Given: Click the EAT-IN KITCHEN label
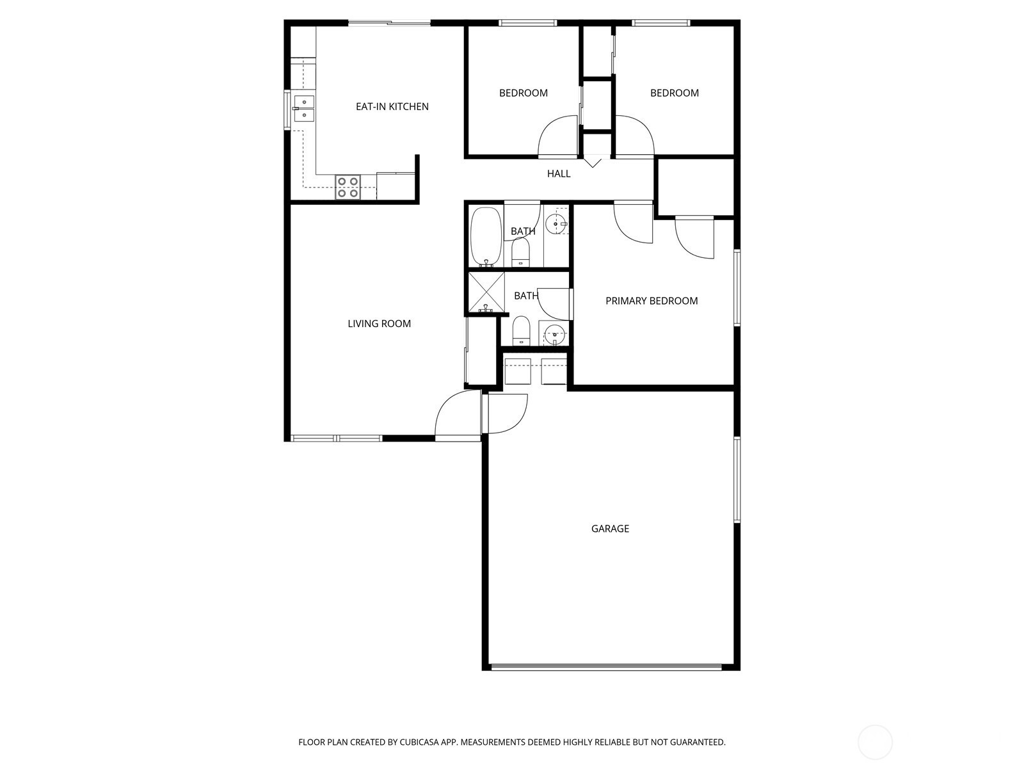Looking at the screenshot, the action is (392, 106).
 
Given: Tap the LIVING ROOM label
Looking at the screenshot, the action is (380, 324).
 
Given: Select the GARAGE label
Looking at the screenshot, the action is (610, 529).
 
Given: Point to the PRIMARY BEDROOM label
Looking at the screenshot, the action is (652, 301).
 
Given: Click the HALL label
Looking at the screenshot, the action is (559, 173).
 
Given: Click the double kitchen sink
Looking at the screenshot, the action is (304, 108).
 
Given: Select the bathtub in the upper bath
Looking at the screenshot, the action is (486, 237).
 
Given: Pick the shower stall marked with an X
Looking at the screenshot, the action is (486, 292).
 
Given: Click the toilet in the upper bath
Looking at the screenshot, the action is (520, 252).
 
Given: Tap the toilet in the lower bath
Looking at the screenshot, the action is (521, 331).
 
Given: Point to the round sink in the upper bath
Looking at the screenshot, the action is (556, 224).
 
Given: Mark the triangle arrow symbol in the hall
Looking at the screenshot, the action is (593, 163).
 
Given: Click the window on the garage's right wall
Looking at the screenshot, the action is (737, 479).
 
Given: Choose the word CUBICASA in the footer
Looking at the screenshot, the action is (419, 742).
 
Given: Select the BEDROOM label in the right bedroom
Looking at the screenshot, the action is (675, 93).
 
